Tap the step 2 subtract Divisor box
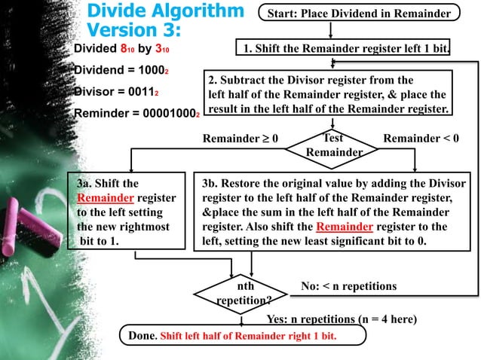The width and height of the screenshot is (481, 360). [x=329, y=94]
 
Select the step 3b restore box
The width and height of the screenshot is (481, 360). [x=334, y=210]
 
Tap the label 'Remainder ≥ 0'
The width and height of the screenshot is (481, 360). [x=240, y=139]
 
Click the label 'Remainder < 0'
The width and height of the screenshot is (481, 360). [x=421, y=139]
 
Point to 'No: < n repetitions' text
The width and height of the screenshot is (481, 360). [x=348, y=286]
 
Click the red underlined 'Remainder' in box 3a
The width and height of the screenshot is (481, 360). [x=105, y=197]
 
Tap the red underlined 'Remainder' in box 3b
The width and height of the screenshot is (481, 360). [x=345, y=226]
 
